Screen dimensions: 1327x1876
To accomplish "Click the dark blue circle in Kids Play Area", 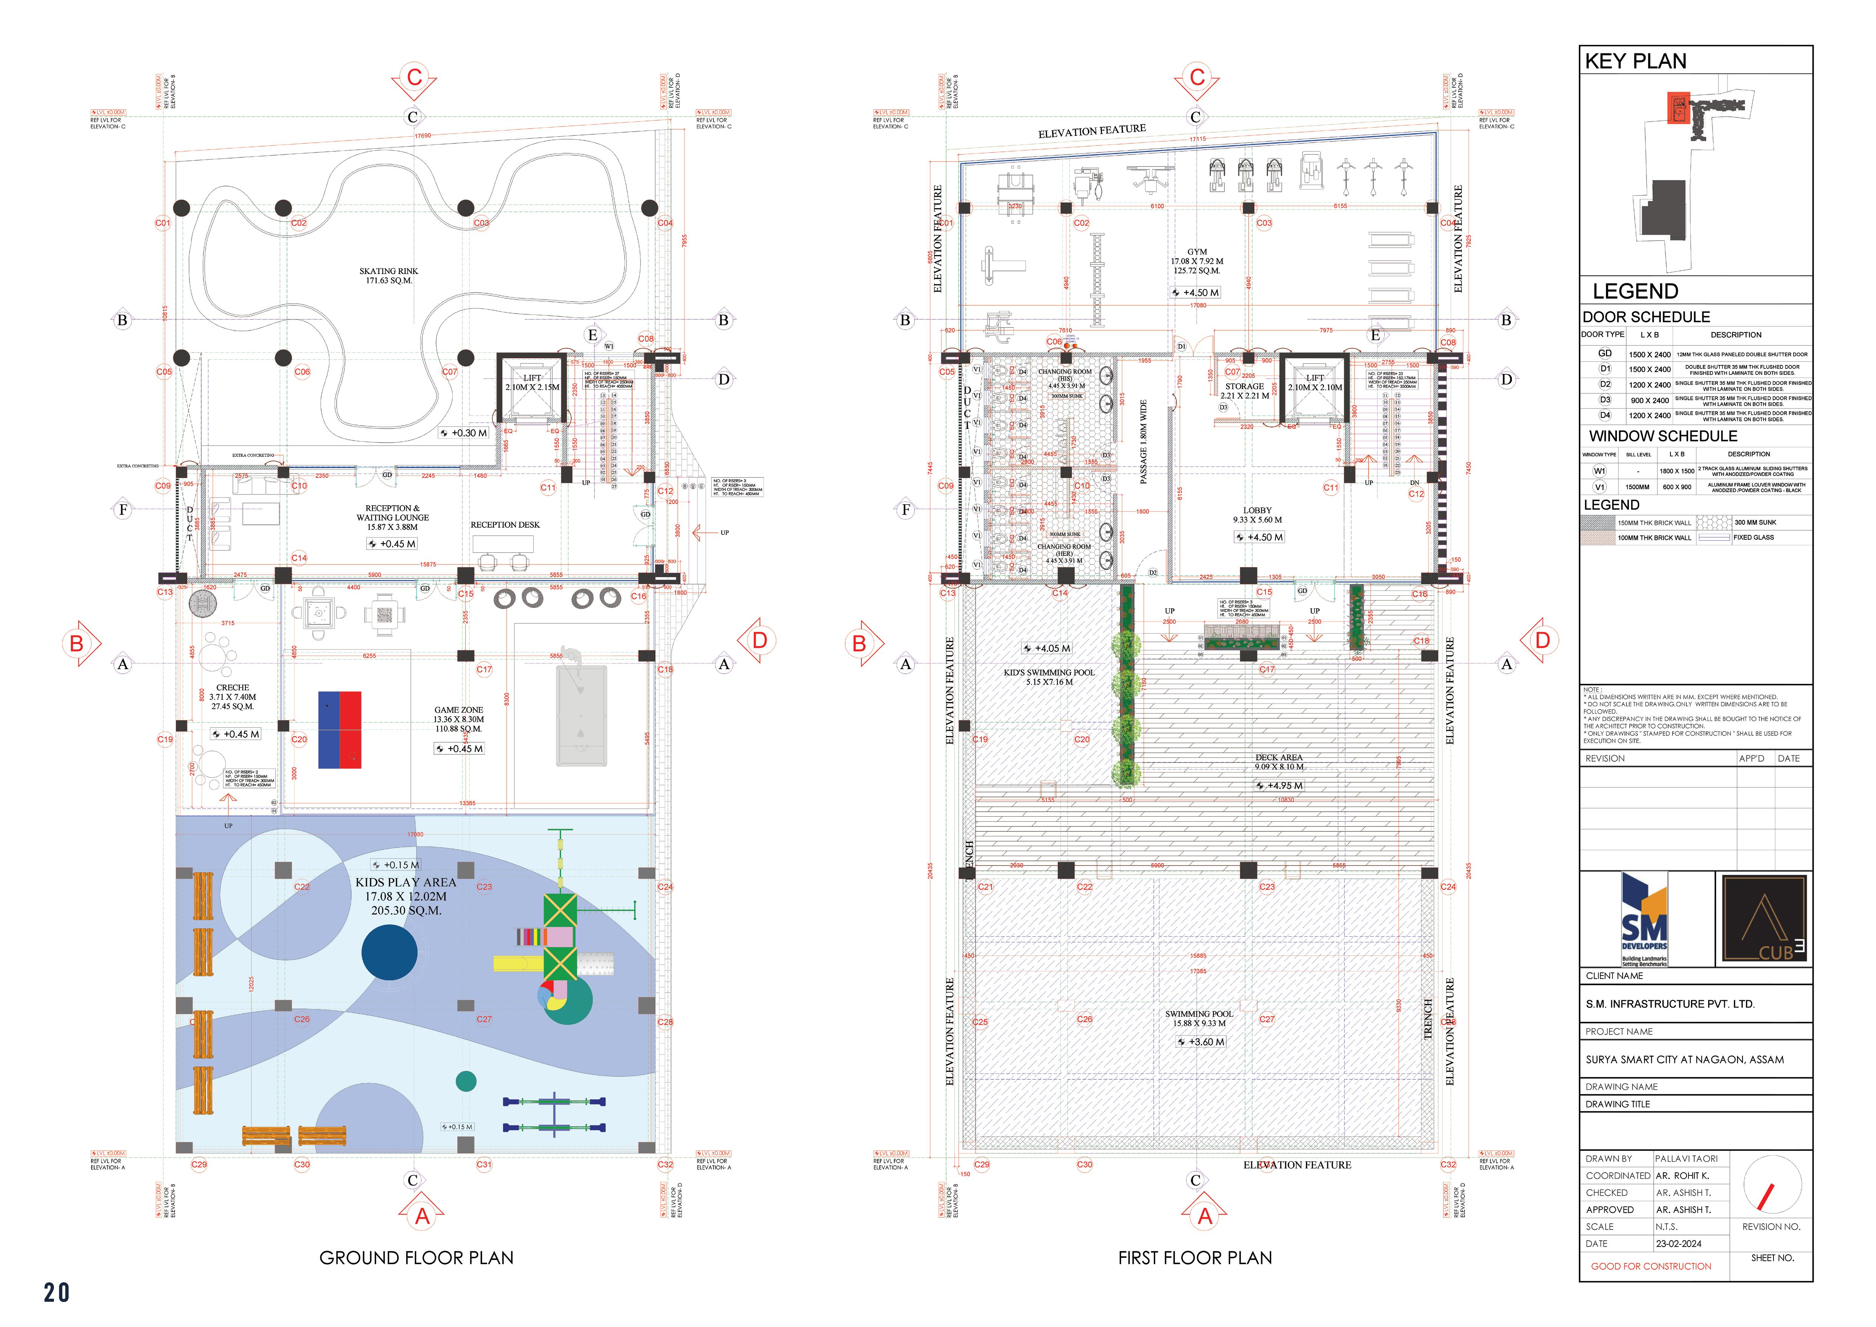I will [390, 952].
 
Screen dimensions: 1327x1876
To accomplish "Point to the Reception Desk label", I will [505, 525].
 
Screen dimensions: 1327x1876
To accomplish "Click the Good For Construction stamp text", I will [1651, 1266].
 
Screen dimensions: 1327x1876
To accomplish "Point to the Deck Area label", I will [1279, 757].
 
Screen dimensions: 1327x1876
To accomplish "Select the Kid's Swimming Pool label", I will [1049, 673].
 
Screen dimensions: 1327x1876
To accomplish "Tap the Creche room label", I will [233, 687].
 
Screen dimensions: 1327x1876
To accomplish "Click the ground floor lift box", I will [532, 387].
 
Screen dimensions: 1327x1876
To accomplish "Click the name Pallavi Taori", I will [1686, 1159].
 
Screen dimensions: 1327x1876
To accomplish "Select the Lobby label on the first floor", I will [1257, 510].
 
